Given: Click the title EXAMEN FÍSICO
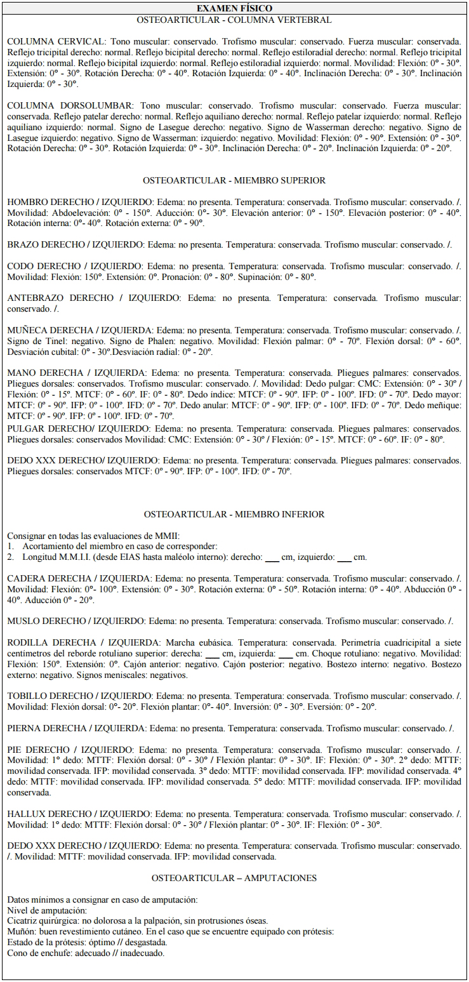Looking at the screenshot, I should [234, 8].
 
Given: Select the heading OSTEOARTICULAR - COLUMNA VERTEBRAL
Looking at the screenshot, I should [234, 20].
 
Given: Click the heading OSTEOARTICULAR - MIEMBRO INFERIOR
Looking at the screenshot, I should [234, 514].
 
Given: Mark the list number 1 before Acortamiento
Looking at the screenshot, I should [10, 547].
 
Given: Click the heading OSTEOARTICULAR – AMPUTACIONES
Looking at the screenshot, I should [234, 878].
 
